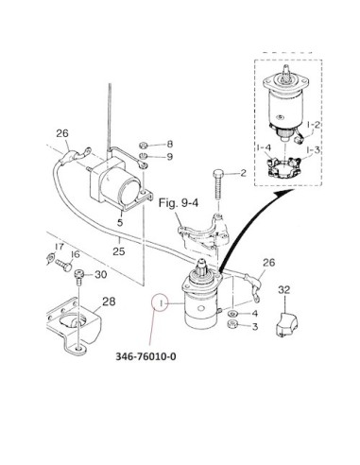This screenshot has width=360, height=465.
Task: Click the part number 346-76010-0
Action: point(146,356)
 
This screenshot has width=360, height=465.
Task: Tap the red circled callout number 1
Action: point(162,303)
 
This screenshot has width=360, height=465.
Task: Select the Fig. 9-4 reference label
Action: point(179,203)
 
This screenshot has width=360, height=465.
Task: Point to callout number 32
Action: point(283,290)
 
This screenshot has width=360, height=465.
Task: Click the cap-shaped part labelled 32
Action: point(286,324)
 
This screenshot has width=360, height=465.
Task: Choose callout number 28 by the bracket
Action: point(109,301)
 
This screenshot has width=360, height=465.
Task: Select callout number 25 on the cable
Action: point(119,251)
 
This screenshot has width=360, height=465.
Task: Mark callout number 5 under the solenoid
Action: point(120,222)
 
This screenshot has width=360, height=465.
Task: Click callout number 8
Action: point(170,144)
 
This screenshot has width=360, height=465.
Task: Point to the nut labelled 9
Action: point(143,157)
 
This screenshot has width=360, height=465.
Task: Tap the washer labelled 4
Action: point(233,314)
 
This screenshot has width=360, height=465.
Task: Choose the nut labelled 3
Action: point(232,324)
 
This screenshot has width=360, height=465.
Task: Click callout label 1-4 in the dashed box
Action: point(264,147)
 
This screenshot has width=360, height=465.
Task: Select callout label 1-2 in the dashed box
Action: point(314,125)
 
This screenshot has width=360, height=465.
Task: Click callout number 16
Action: point(76,254)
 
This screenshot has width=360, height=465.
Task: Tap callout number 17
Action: point(60,247)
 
